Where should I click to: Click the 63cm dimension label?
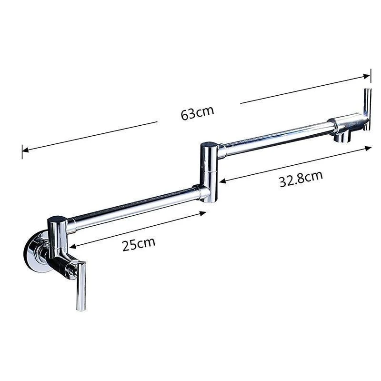click(x=197, y=113)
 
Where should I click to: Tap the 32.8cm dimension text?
click(x=301, y=179)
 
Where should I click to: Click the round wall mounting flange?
click(x=36, y=252)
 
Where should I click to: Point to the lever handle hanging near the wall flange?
click(x=80, y=286)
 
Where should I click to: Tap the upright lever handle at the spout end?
click(x=368, y=107)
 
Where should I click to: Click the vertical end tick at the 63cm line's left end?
click(x=22, y=151)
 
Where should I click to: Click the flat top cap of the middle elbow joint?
click(x=209, y=145)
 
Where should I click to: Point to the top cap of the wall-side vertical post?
click(x=57, y=220)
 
